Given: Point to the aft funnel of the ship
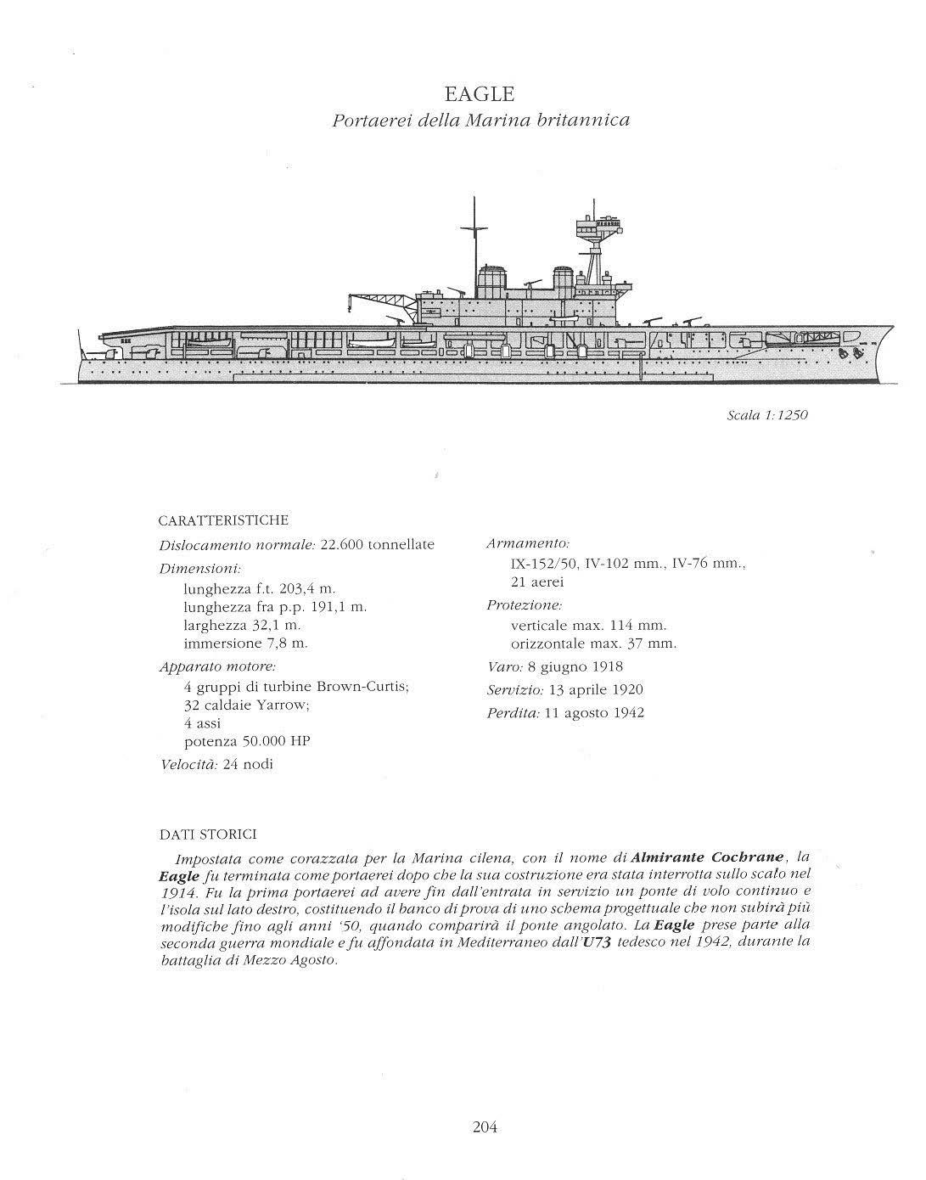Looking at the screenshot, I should click(492, 281).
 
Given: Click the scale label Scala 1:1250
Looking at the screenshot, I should click(761, 415).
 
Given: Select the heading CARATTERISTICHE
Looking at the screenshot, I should click(224, 520).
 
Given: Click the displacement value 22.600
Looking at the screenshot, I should click(341, 545).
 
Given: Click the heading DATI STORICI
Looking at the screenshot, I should click(208, 835).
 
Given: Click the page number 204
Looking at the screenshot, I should click(484, 1127).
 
